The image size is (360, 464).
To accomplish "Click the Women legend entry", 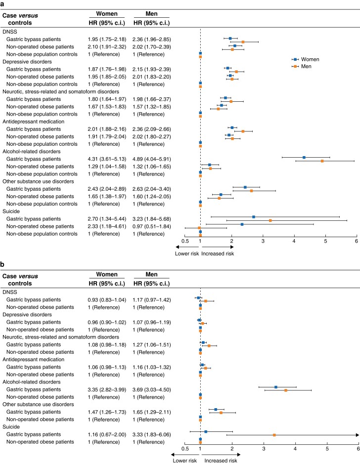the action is pos(306,59).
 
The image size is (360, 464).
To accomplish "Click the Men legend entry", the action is pos(302,66).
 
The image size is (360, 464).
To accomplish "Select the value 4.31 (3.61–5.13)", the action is pos(107,159).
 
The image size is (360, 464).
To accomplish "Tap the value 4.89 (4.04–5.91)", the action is pos(152,159).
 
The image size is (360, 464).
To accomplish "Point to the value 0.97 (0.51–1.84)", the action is pos(152,226).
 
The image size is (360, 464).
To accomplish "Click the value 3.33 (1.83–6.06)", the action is pos(152,434).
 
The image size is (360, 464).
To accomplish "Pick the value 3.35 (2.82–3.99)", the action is pos(107,389).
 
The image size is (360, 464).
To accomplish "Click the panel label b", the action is pos(2,264).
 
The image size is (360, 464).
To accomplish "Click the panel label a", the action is pos(2,3).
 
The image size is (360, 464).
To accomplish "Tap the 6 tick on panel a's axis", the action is pos(357,241).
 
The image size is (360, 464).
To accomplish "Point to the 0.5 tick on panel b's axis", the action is pos(185,449).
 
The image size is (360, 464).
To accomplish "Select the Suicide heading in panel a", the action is pos(11,211).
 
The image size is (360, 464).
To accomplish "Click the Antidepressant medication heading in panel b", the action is pos(34,360).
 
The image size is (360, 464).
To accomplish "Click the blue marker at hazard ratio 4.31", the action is pos(304,157).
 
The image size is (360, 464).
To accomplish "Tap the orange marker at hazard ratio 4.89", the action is pos(322,161).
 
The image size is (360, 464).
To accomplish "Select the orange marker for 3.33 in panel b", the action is pos(274,435).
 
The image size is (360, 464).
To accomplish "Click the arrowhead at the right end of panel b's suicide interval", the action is pos(358,435).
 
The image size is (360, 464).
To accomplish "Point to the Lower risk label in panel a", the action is pos(187,253).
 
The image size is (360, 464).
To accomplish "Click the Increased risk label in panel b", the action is pos(221,461).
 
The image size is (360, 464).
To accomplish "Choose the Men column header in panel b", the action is pos(152,274).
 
